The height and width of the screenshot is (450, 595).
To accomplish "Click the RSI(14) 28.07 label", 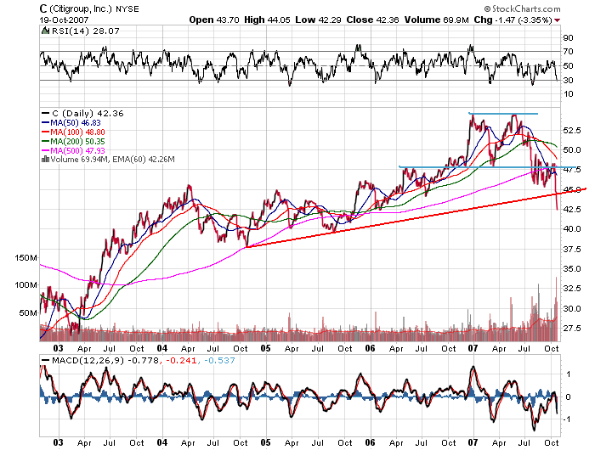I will pyautogui.click(x=67, y=31).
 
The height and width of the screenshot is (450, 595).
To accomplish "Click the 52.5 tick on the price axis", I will pyautogui.click(x=573, y=130).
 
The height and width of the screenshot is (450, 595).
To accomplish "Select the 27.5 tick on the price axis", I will pyautogui.click(x=573, y=328).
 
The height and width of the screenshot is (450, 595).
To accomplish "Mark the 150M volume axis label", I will pyautogui.click(x=26, y=256).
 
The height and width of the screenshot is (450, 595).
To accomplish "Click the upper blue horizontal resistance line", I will pyautogui.click(x=503, y=113).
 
